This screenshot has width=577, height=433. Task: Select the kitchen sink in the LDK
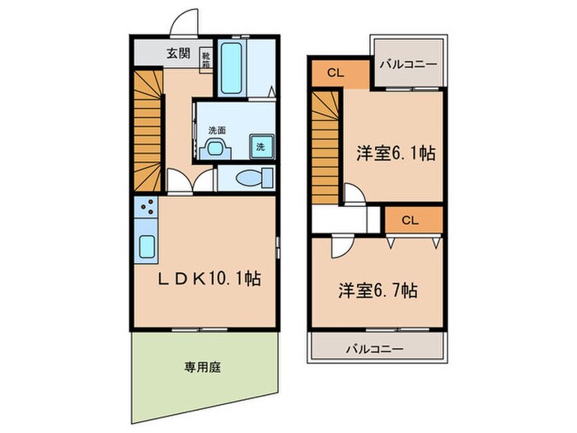tap(148, 246)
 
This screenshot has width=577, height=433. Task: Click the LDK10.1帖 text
tap(209, 280)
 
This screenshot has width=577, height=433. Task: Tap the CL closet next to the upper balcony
tap(334, 73)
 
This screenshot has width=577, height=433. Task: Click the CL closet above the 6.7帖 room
tap(411, 219)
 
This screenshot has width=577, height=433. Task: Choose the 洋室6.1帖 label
tap(396, 153)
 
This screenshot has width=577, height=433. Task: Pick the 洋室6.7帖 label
tap(377, 290)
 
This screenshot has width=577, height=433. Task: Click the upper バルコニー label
tap(408, 63)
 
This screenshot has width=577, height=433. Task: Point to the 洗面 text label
tap(217, 129)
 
